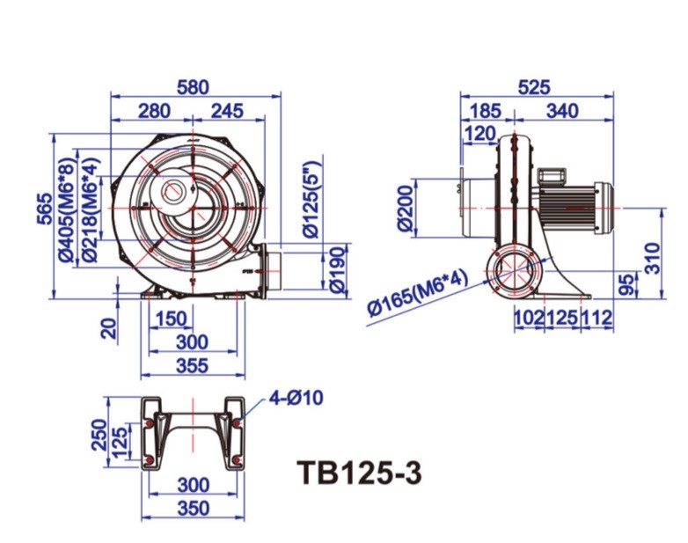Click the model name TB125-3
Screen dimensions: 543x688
tap(359, 473)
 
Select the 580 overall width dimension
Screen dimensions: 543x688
tap(193, 86)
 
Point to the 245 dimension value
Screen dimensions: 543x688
tap(226, 111)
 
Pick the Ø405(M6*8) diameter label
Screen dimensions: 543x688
tap(65, 211)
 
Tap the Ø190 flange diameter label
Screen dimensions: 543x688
tap(334, 269)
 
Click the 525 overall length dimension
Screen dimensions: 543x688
tap(534, 86)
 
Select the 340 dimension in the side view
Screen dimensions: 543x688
tap(562, 111)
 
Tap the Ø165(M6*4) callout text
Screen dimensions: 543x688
tap(418, 295)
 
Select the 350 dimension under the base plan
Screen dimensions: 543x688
tap(193, 508)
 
